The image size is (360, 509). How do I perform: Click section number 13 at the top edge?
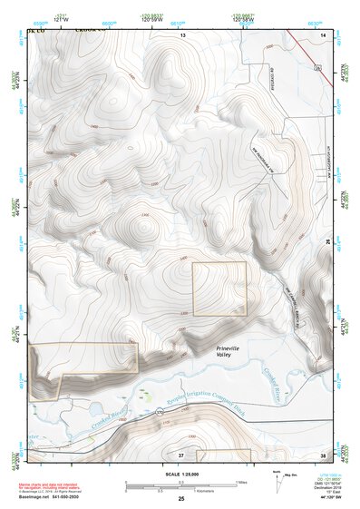click(x=181, y=34)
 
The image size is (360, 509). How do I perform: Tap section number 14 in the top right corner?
click(x=324, y=34)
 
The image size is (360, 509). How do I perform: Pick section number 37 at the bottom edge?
click(x=181, y=454)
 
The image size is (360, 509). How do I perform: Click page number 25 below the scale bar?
click(x=181, y=499)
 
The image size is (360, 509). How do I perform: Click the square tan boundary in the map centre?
click(x=219, y=289)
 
